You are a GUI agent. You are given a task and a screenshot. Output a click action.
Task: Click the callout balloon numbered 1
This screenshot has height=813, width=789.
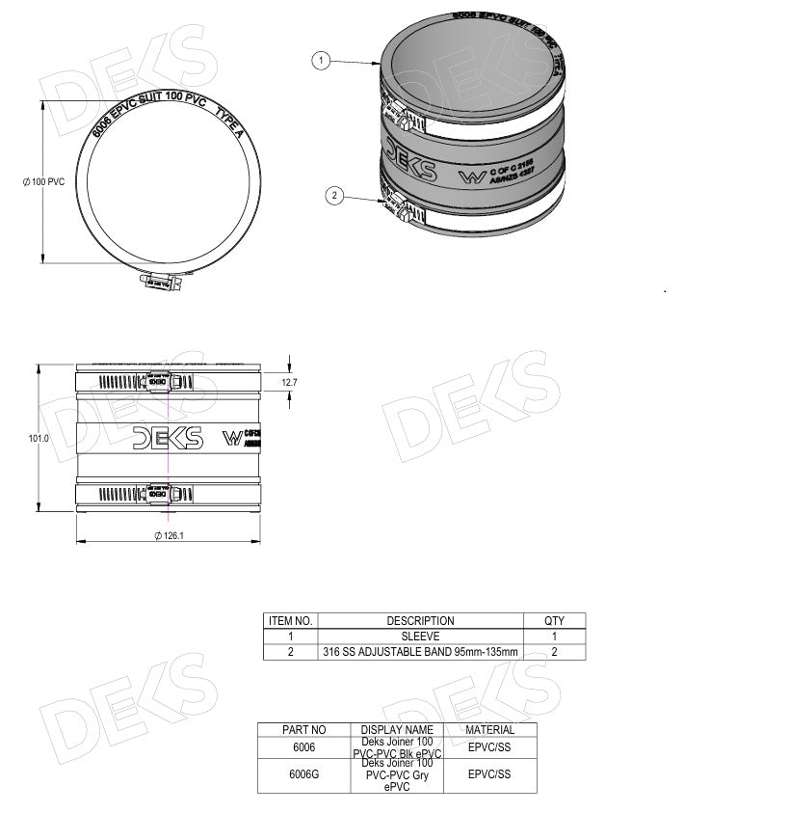click(x=322, y=61)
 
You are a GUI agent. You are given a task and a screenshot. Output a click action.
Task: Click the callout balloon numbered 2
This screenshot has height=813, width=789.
click(x=335, y=196)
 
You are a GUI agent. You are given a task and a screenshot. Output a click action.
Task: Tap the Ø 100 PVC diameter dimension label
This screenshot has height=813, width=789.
click(x=43, y=182)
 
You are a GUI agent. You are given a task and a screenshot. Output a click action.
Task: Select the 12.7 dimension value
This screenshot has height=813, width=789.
click(x=289, y=383)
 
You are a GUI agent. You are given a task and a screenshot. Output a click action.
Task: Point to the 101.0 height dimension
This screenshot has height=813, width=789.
click(x=39, y=438)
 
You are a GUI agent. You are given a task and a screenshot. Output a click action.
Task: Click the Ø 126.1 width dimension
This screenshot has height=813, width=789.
click(x=169, y=535)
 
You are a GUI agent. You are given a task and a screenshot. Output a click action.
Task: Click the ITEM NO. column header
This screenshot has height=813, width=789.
click(x=290, y=621)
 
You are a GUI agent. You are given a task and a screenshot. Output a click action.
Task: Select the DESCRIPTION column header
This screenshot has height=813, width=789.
click(x=420, y=621)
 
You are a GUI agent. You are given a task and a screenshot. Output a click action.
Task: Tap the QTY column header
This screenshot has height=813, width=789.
click(x=554, y=621)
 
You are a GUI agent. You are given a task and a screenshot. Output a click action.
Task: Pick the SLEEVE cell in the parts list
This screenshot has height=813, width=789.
click(x=420, y=637)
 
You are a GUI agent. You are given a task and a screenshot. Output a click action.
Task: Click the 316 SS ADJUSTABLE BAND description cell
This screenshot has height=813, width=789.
click(x=420, y=652)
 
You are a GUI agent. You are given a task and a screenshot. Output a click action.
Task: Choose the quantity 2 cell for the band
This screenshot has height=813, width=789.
click(x=554, y=652)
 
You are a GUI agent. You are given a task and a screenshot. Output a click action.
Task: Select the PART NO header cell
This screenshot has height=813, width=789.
click(x=303, y=730)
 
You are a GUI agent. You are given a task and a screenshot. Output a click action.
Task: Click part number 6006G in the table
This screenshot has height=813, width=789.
click(x=303, y=774)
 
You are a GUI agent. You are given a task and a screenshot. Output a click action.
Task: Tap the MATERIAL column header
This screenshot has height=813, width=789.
click(x=489, y=730)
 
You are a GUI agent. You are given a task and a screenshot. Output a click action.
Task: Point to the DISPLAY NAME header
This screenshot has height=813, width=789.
click(x=397, y=730)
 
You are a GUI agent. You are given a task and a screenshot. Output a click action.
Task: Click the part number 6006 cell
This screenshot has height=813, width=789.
click(x=303, y=747)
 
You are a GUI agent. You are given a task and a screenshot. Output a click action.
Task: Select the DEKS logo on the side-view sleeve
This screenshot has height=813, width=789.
click(x=168, y=438)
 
